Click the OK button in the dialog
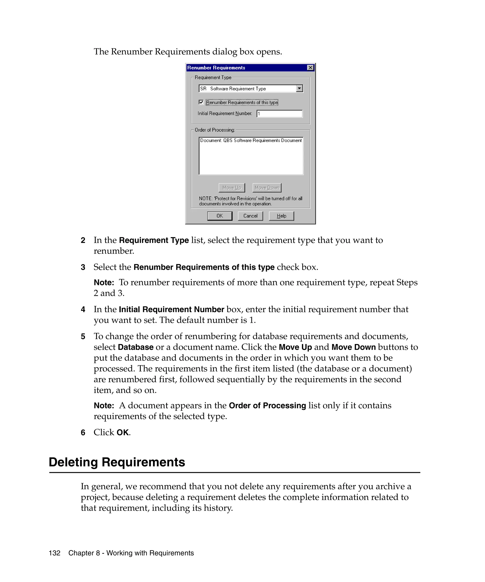pos(220,216)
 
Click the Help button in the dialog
pos(281,216)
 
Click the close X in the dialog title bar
pos(310,68)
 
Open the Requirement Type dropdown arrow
pos(299,89)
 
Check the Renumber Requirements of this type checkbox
pos(201,102)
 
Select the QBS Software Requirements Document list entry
pos(251,140)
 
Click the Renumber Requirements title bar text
pos(216,68)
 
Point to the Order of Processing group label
pos(215,130)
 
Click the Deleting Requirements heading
pos(117,462)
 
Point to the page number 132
pos(55,553)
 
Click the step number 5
pos(83,337)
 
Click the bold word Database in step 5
pos(135,347)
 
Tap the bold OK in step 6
pos(122,433)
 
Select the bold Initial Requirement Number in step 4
pos(171,309)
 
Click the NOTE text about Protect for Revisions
pos(250,201)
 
